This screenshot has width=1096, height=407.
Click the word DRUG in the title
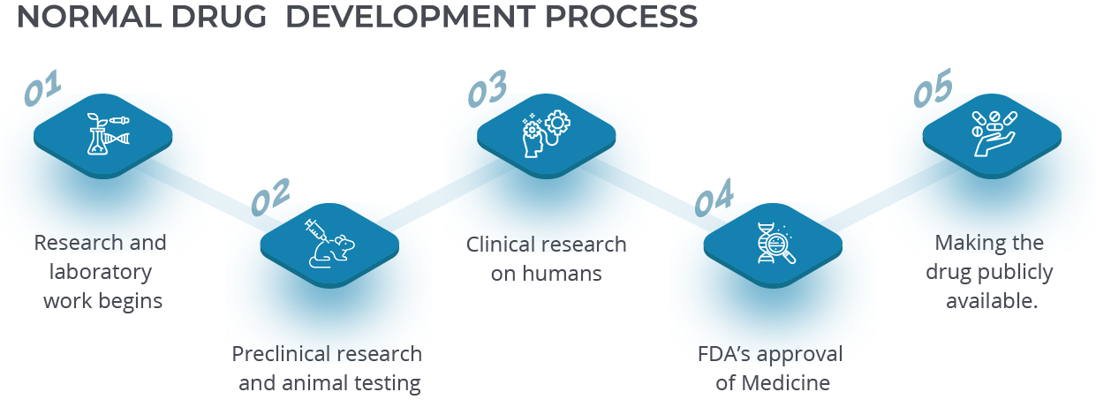(219, 16)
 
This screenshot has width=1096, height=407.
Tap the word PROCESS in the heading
(621, 16)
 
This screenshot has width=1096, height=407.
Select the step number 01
(43, 87)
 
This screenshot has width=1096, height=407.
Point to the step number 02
(270, 197)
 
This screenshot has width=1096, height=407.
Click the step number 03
(488, 88)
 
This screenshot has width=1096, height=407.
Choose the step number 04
(714, 197)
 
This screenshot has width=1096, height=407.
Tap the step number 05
(933, 87)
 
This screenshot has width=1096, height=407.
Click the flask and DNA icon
(108, 134)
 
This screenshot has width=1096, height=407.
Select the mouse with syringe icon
(329, 244)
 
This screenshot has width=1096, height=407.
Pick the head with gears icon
(546, 134)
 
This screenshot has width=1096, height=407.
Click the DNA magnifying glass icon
(776, 244)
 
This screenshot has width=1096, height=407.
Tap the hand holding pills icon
(994, 134)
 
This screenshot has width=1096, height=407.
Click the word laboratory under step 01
(101, 272)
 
